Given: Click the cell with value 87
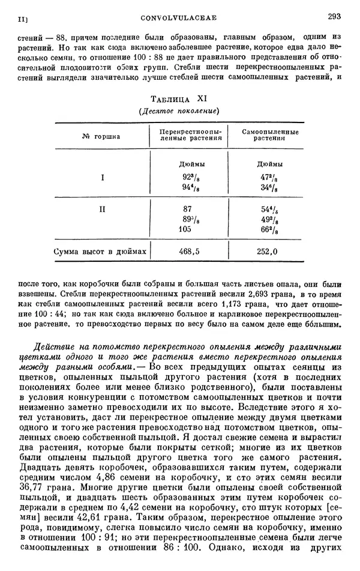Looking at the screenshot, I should point(184,208).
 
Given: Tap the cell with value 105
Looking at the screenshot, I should point(186,229).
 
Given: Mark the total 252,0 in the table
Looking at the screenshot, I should point(267,253).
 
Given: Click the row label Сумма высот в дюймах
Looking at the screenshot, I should point(101,253).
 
